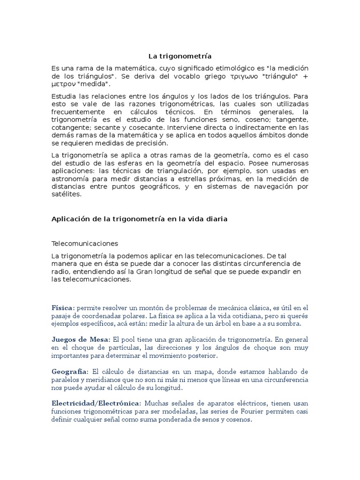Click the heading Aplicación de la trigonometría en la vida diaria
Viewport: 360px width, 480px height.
(139, 219)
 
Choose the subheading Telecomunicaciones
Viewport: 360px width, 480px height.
(84, 244)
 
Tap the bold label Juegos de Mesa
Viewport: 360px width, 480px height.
(80, 339)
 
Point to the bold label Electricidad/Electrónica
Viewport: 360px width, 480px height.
(96, 403)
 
